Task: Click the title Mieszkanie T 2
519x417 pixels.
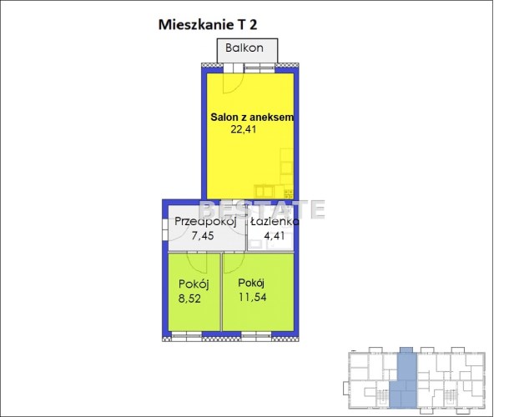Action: (x=208, y=25)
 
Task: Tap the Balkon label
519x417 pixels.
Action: (x=244, y=48)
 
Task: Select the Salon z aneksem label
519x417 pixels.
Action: (x=252, y=117)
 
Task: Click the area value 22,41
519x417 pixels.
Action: (x=244, y=129)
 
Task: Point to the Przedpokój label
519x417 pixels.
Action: (x=205, y=221)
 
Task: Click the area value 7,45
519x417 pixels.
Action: (x=203, y=236)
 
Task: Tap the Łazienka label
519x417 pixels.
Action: (x=275, y=221)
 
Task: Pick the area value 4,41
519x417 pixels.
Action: (x=274, y=236)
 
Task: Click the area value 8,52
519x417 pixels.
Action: (x=189, y=299)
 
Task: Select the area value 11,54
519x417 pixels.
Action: (x=253, y=297)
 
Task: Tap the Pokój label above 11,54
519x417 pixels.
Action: (x=251, y=283)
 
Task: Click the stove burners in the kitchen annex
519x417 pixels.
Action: (x=289, y=194)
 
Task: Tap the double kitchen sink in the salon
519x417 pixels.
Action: (x=264, y=192)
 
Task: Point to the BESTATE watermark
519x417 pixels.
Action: (x=261, y=209)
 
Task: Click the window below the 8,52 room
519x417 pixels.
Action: (x=187, y=335)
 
